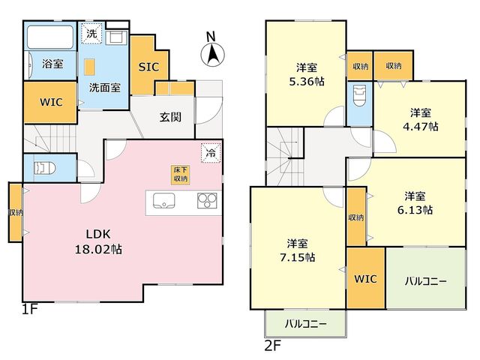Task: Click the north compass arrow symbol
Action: point(212,55)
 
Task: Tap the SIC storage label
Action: point(148,67)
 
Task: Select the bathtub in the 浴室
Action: point(50,37)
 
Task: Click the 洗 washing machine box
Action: point(91,33)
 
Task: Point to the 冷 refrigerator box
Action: point(211,152)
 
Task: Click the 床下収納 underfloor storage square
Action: point(180,175)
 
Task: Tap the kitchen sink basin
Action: point(163,201)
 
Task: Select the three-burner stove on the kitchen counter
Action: point(207,201)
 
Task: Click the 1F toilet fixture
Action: point(45,168)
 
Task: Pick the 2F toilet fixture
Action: point(359,95)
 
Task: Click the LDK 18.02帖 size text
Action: point(98,241)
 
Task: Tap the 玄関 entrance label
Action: point(170,117)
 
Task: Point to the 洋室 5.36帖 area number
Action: point(307,82)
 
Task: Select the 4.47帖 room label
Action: point(421,127)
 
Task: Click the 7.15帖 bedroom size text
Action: point(298,257)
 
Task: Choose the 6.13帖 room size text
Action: point(415,210)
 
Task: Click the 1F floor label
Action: point(30,309)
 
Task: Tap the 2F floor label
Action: point(272,346)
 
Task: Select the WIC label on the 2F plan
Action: point(365,279)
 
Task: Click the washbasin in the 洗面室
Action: point(116,38)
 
